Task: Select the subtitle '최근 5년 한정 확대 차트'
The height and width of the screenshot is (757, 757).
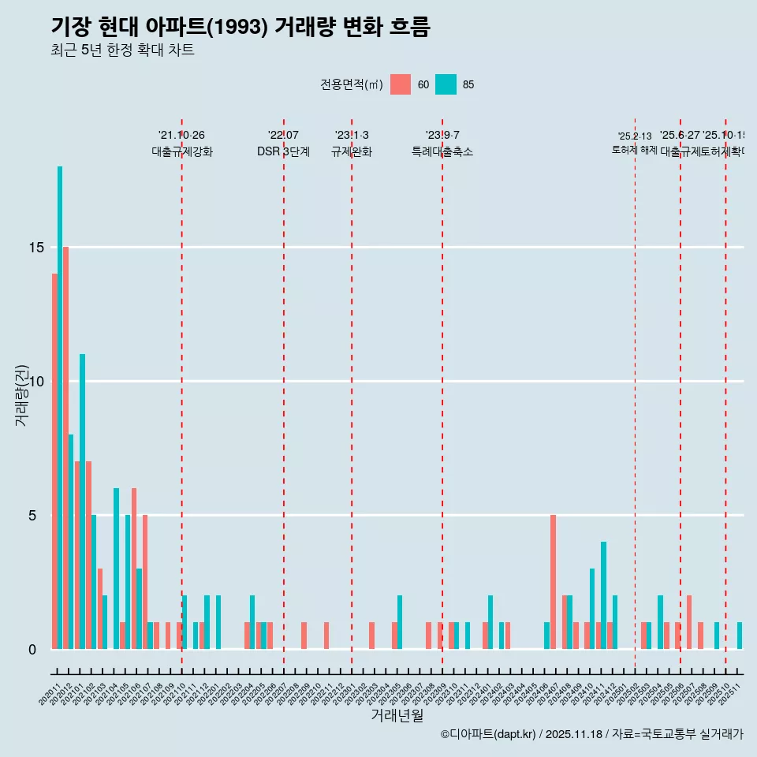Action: click(122, 50)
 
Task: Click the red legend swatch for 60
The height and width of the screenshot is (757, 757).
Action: click(401, 84)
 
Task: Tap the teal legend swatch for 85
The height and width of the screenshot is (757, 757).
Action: click(446, 84)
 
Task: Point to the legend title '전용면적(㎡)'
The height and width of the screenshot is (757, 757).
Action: click(352, 84)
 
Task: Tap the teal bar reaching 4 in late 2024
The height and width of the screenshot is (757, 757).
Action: click(604, 595)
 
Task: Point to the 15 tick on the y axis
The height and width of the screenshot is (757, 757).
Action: click(36, 248)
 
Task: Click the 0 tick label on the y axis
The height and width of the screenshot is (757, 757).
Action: click(32, 650)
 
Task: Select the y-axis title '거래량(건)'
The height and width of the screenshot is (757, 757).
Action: click(22, 395)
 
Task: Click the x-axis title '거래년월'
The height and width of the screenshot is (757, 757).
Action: click(397, 715)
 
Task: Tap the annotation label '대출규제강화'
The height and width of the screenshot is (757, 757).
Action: click(182, 151)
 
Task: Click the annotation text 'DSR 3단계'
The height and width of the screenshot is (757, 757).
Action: click(283, 151)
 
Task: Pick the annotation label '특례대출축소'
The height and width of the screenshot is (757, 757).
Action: click(442, 151)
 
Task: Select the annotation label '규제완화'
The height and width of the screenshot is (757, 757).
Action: click(352, 151)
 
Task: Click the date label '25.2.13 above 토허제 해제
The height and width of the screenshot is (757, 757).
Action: click(635, 136)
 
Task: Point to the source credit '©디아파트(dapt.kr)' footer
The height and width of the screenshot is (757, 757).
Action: click(489, 734)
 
